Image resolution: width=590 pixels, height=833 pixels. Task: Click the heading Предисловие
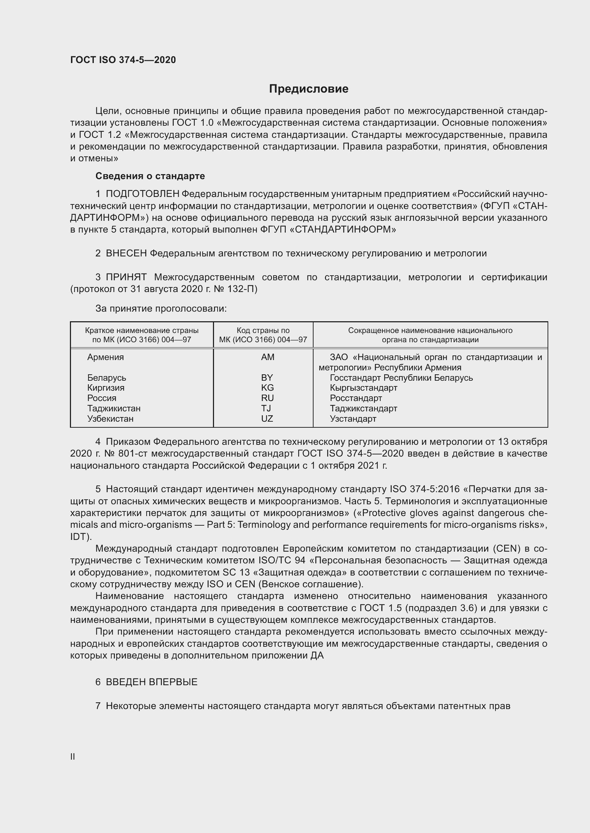(309, 89)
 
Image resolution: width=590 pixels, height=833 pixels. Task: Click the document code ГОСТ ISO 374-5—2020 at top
(123, 60)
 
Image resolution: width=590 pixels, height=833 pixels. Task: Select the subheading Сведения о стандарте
(150, 176)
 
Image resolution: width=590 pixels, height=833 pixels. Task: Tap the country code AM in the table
(268, 357)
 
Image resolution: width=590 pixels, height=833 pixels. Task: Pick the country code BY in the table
(267, 378)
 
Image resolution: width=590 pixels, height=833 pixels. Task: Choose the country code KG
(267, 388)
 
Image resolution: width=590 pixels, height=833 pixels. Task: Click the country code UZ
(267, 419)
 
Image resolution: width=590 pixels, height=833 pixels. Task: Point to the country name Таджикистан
(114, 408)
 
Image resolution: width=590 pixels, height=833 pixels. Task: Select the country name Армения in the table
(105, 357)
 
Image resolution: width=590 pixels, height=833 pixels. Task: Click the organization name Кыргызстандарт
(363, 388)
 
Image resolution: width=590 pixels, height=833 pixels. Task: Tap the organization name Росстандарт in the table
(356, 398)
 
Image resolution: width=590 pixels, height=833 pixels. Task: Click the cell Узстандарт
(353, 419)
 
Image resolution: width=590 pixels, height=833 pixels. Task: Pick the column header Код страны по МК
(263, 335)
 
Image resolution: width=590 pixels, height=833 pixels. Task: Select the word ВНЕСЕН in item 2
(126, 253)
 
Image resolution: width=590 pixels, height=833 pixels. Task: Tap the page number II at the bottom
(73, 756)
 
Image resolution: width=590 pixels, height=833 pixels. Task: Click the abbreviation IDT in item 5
(79, 537)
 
